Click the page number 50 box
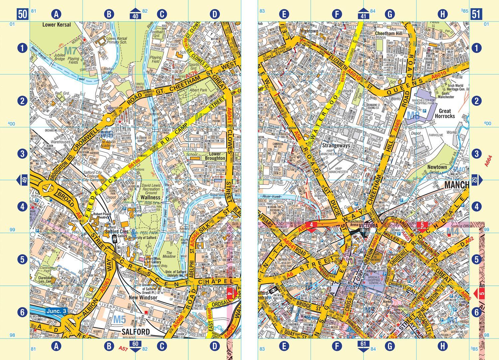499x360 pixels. pyautogui.click(x=22, y=14)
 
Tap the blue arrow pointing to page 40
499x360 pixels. pyautogui.click(x=135, y=14)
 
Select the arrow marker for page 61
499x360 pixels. pyautogui.click(x=363, y=346)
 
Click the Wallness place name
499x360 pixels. pyautogui.click(x=150, y=197)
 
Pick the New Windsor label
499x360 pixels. pyautogui.click(x=143, y=297)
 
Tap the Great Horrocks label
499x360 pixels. pyautogui.click(x=445, y=113)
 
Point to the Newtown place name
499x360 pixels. pyautogui.click(x=437, y=167)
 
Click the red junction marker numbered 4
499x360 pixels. pyautogui.click(x=311, y=225)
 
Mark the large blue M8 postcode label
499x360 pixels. pyautogui.click(x=414, y=115)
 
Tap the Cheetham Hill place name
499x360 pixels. pyautogui.click(x=389, y=33)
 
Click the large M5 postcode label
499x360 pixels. pyautogui.click(x=119, y=320)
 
